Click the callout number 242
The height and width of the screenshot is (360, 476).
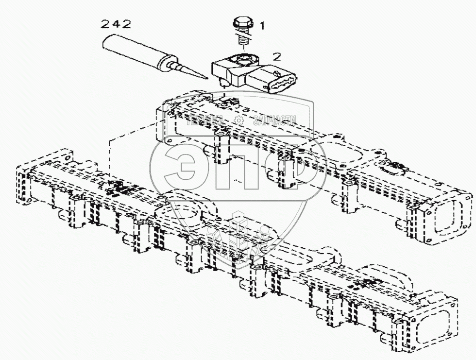point(115,23)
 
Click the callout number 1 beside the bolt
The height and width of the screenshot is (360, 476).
point(262,26)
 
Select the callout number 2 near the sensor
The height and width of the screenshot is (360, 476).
point(276,56)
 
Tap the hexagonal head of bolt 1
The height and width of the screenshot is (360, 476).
point(241,23)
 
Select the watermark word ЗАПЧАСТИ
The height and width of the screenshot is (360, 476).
point(274,121)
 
